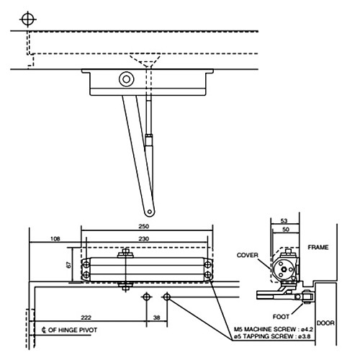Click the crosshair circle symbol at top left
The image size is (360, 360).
(28, 18)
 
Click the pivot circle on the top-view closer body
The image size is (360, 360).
(127, 80)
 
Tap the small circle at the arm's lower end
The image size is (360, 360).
(150, 211)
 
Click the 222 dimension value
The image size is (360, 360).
(86, 318)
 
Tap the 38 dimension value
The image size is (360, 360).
(156, 318)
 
